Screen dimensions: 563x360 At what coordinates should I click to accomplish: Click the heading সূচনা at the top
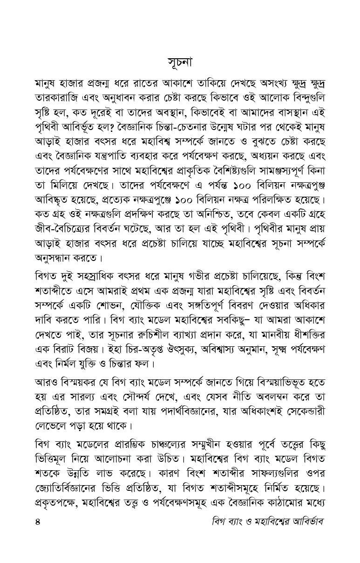179,62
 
